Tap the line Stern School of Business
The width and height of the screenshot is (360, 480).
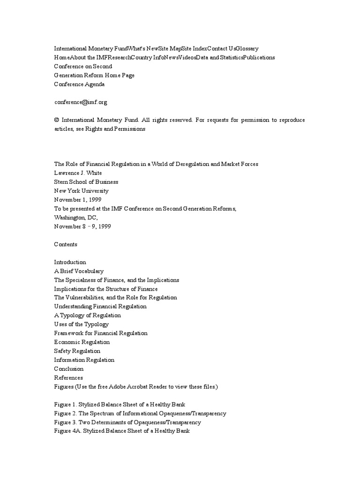point(86,182)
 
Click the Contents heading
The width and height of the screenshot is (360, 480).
point(66,244)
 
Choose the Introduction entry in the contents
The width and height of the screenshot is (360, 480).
point(70,262)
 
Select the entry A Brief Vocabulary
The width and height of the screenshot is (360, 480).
point(79,271)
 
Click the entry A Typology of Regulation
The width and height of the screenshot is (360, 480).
point(88,315)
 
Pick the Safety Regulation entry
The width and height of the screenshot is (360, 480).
point(77,351)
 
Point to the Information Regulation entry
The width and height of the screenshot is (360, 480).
point(84,360)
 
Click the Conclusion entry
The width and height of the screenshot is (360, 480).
point(69,369)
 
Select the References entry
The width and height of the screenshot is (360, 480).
point(68,378)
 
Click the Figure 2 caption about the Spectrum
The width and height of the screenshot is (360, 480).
point(140,413)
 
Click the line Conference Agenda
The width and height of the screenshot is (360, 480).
point(80,84)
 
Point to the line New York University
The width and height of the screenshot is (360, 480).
point(82,191)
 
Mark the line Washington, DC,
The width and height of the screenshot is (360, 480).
point(76,217)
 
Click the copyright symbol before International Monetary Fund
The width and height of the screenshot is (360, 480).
point(57,120)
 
